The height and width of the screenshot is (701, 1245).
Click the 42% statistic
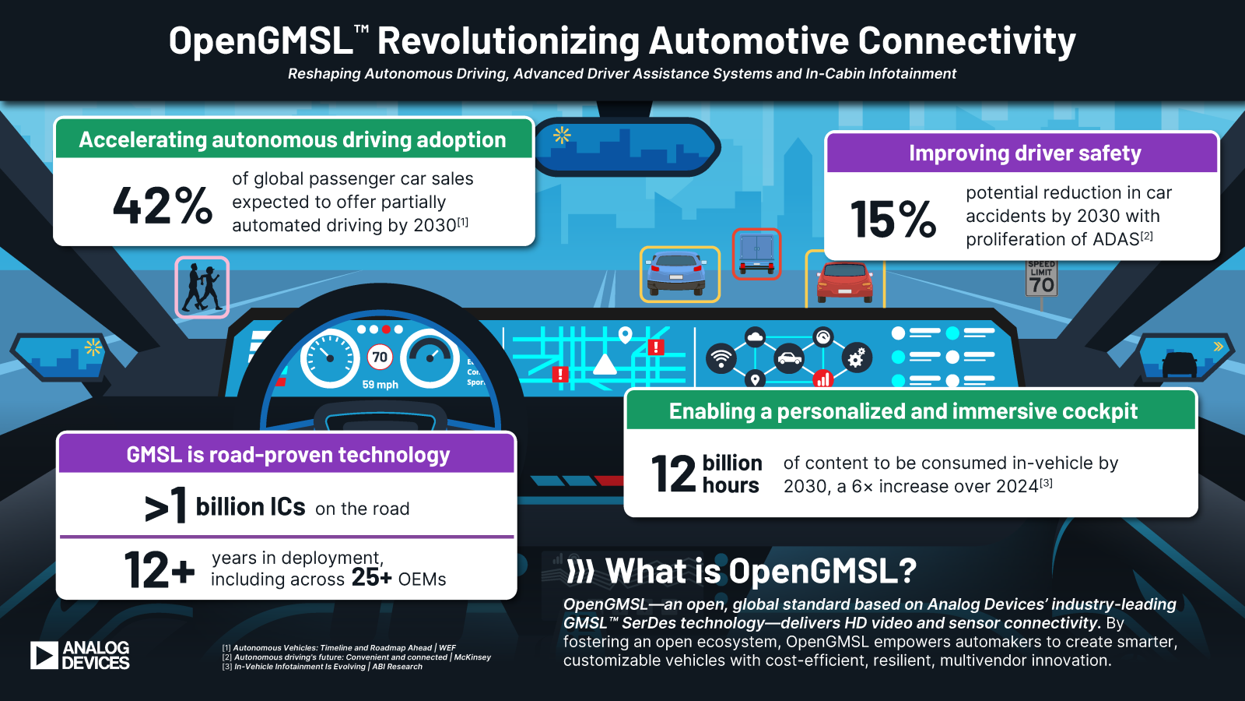[x=163, y=206]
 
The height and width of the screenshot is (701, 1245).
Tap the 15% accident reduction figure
[x=893, y=219]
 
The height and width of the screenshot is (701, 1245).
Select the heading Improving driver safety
[x=1024, y=153]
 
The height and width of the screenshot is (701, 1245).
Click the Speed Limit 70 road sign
[x=1041, y=279]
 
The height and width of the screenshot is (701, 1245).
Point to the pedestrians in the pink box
[x=202, y=287]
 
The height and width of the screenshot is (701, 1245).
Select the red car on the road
[x=844, y=282]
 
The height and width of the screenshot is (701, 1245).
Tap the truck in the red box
[x=756, y=254]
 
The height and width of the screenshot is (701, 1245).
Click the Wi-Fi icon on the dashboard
[x=721, y=358]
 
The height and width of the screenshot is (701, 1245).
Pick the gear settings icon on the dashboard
[x=856, y=358]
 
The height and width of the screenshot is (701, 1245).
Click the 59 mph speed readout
[x=380, y=385]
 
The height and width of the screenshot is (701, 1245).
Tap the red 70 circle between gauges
[x=380, y=358]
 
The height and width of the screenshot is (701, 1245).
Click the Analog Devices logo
[x=80, y=655]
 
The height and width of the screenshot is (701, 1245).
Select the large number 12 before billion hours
[x=673, y=474]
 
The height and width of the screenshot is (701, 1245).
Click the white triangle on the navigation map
[x=605, y=365]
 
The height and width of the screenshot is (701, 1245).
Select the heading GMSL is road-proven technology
[x=288, y=455]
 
